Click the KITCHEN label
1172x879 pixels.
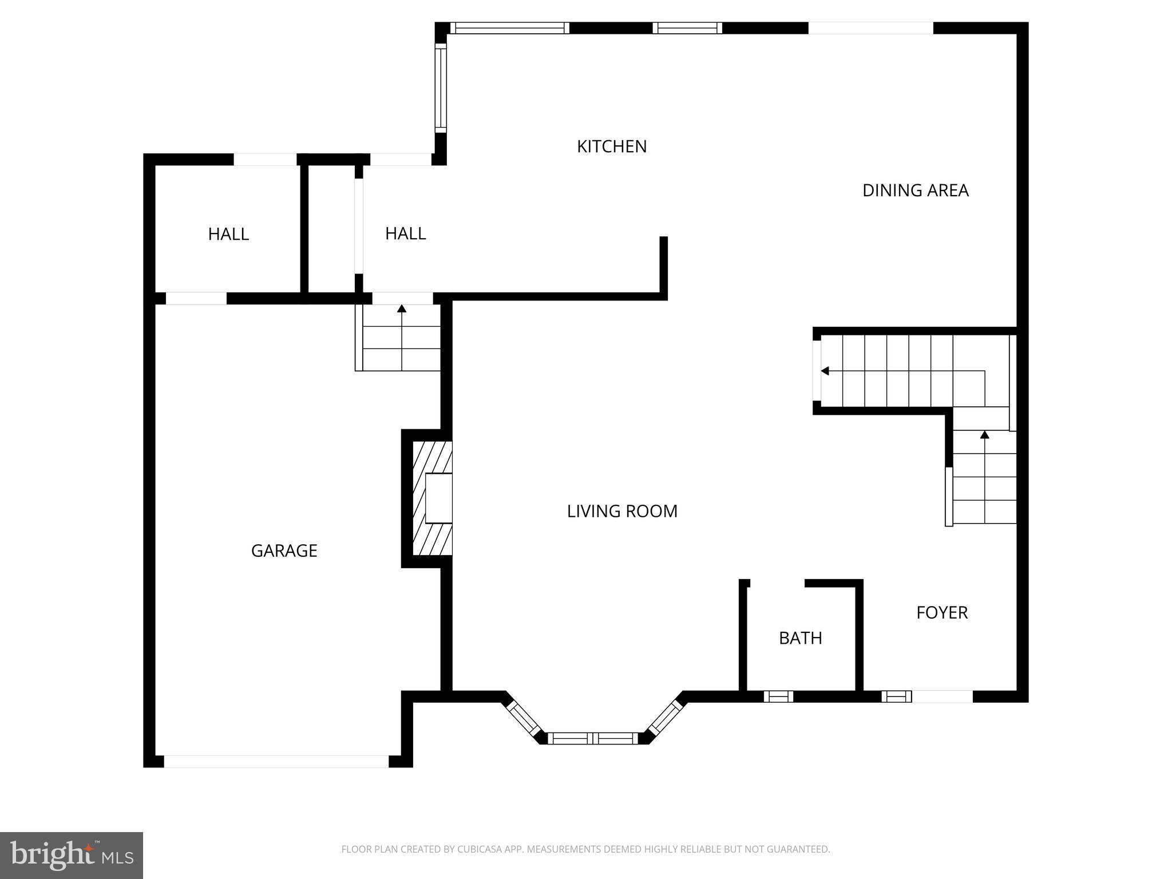[611, 146]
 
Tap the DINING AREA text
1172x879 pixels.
[915, 191]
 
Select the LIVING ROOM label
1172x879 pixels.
[622, 511]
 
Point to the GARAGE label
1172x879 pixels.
[284, 551]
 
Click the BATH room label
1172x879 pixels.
[800, 638]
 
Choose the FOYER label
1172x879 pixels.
[941, 613]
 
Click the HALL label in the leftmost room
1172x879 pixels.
[228, 234]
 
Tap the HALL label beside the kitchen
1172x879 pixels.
[405, 233]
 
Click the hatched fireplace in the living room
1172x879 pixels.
[433, 498]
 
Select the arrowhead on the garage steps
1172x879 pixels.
[402, 309]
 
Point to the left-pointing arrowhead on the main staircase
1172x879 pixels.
[825, 371]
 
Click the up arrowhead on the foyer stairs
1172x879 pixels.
[984, 435]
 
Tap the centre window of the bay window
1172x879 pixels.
[593, 738]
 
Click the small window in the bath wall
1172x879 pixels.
[778, 696]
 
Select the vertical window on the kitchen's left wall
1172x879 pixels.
[440, 88]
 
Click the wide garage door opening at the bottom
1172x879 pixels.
[276, 761]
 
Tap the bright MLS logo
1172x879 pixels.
[72, 855]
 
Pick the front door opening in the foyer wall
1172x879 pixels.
[942, 696]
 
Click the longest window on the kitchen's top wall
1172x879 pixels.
[509, 28]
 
